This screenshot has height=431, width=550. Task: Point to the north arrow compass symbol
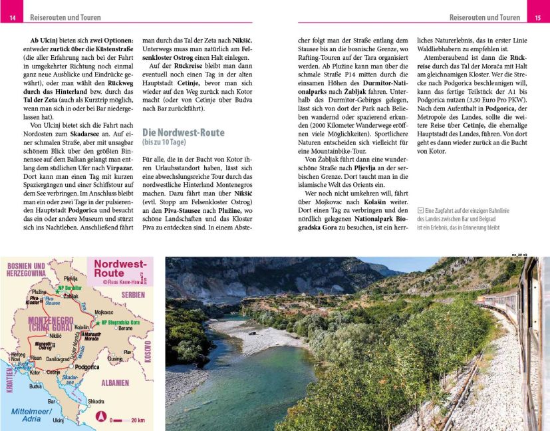(100, 418)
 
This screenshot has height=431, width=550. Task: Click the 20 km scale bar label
(138, 420)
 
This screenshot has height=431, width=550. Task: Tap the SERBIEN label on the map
(133, 295)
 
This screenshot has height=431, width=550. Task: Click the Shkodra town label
(96, 402)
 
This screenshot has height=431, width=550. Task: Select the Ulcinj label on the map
(58, 420)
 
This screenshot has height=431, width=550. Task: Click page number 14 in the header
(11, 17)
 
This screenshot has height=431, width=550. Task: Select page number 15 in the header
(538, 17)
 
